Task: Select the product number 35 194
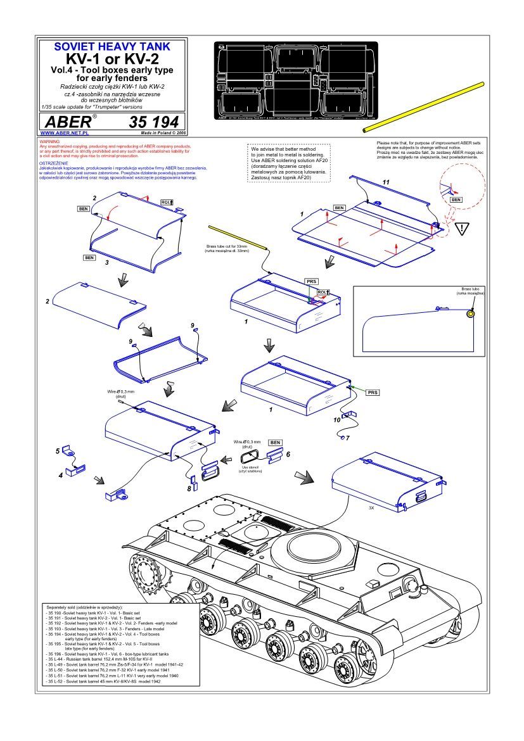tap(155, 122)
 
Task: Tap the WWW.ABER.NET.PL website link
tap(64, 134)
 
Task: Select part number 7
tap(347, 437)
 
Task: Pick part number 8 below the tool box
tap(188, 488)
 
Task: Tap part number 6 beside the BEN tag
tap(288, 454)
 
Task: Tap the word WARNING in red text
tap(49, 141)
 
